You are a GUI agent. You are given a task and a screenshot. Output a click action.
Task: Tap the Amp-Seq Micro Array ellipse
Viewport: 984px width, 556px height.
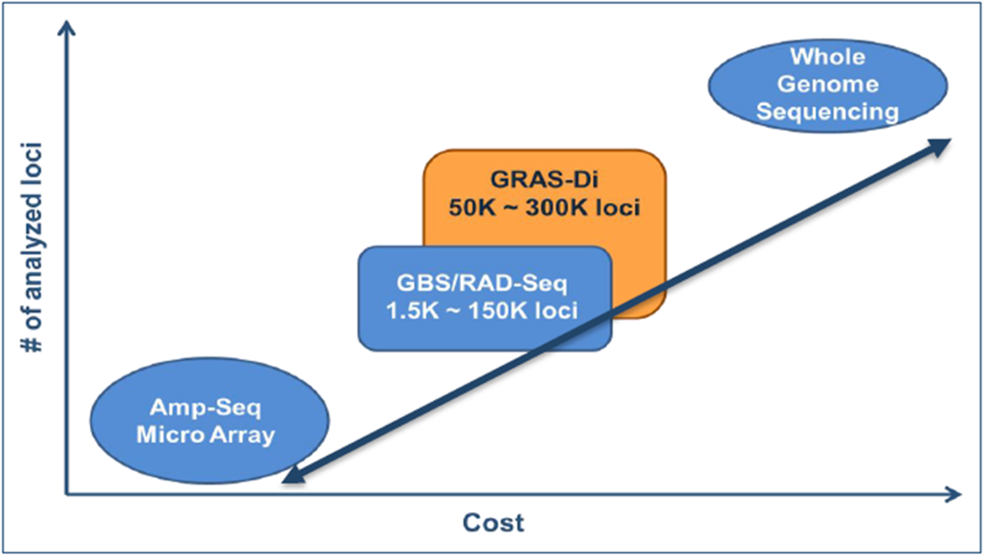click(x=208, y=423)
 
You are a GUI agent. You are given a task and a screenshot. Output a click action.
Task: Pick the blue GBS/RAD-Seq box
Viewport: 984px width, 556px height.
click(x=442, y=298)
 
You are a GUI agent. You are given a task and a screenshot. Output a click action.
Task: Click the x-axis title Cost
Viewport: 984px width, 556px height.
click(x=493, y=523)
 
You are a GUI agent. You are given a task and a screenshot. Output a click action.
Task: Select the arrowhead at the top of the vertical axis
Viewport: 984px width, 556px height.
click(x=67, y=29)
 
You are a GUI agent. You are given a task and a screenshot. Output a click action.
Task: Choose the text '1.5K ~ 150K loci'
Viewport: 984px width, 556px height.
click(x=483, y=310)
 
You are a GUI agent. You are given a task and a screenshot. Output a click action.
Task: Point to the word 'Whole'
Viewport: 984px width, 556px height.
click(x=828, y=57)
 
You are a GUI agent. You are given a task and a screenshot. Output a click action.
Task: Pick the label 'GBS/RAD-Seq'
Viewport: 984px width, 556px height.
click(x=482, y=284)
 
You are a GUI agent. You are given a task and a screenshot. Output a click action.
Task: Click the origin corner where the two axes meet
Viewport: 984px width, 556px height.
click(x=67, y=495)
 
